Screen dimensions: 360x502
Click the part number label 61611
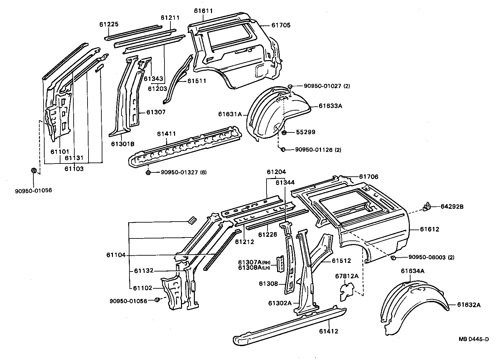pyautogui.click(x=203, y=11)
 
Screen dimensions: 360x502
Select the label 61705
pyautogui.click(x=281, y=25)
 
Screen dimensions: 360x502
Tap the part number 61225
pyautogui.click(x=109, y=24)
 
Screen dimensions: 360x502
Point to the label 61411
pyautogui.click(x=166, y=134)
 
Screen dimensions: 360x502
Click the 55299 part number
pyautogui.click(x=305, y=132)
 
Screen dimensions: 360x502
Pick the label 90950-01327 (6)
pyautogui.click(x=184, y=172)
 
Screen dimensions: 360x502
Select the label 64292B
pyautogui.click(x=452, y=207)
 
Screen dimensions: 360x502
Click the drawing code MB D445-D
pyautogui.click(x=473, y=339)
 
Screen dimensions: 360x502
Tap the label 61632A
pyautogui.click(x=469, y=305)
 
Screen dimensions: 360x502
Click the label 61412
pyautogui.click(x=329, y=331)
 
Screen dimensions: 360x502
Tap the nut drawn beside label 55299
pyautogui.click(x=284, y=133)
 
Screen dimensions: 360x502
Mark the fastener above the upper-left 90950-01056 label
pyautogui.click(x=33, y=170)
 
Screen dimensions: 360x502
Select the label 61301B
pyautogui.click(x=123, y=144)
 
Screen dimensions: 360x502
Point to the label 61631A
pyautogui.click(x=230, y=114)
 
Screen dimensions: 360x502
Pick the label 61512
pyautogui.click(x=341, y=261)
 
